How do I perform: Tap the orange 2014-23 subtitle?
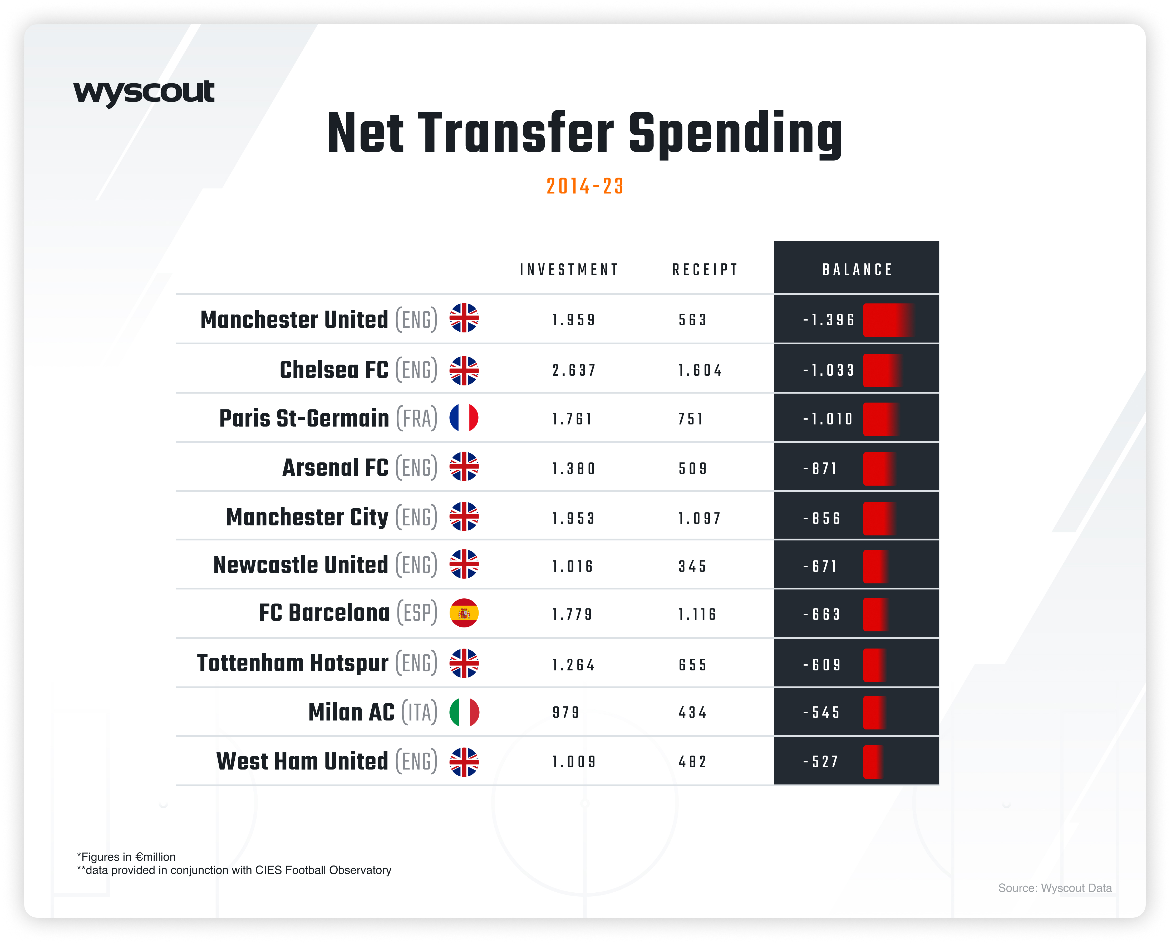[585, 186]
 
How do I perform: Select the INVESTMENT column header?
[569, 270]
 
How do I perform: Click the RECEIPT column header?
[705, 270]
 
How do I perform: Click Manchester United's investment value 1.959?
[574, 320]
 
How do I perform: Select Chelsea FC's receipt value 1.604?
[700, 371]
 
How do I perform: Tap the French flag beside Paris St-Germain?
[464, 418]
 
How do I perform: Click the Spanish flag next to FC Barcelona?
[464, 613]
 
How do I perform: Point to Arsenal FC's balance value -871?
[821, 468]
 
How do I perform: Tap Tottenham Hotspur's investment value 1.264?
[574, 665]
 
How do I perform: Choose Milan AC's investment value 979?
[566, 713]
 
